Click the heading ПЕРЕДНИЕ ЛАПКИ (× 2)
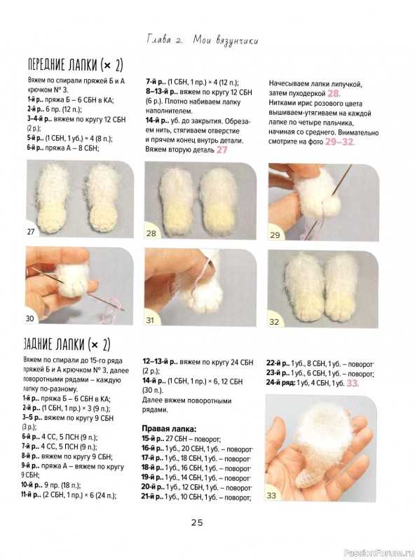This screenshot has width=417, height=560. (76, 64)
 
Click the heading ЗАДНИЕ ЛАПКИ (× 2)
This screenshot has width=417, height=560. (67, 344)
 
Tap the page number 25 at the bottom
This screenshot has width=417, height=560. (197, 522)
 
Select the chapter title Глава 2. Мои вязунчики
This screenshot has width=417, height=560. (202, 40)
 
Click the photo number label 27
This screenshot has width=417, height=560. (31, 232)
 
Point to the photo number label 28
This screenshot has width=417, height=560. (151, 233)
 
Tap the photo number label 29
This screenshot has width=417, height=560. (275, 235)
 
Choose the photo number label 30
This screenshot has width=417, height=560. (29, 318)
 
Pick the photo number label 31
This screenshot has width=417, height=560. (150, 320)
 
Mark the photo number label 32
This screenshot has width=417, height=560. (274, 322)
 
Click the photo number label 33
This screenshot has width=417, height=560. (271, 496)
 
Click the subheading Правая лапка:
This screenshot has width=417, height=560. (169, 428)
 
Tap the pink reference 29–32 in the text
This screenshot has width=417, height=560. (339, 142)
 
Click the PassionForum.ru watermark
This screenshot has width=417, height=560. (379, 553)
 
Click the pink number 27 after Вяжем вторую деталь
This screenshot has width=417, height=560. (221, 150)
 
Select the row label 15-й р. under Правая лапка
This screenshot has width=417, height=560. (153, 439)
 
